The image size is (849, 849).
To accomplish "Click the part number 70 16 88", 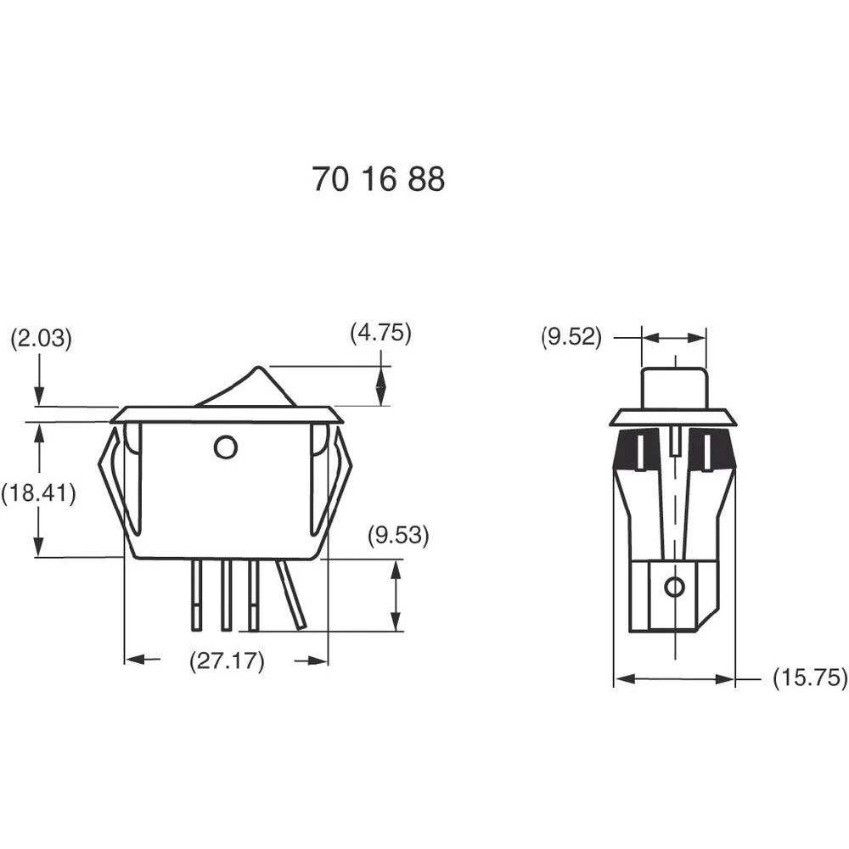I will (378, 179).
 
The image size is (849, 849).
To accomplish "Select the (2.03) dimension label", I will (41, 339).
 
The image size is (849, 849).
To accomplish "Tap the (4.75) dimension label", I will (380, 334).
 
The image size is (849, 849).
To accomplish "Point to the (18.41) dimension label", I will (38, 493).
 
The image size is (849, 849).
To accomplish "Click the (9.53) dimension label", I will (398, 537).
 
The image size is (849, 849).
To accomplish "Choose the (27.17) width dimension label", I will (226, 661).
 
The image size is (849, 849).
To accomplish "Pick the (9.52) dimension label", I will (571, 338).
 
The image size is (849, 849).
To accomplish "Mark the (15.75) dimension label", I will (810, 678).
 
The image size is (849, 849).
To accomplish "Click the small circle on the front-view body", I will (225, 447).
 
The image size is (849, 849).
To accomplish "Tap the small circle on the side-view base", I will (674, 587).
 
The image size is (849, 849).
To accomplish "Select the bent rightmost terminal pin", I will (291, 596).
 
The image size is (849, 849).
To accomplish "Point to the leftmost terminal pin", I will (197, 596).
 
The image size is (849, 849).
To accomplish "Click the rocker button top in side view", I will (674, 386).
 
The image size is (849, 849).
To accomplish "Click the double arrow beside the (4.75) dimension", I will (381, 385).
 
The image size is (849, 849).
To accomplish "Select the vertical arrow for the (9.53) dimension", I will (396, 595).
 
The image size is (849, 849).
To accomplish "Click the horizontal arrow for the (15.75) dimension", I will (674, 679).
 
